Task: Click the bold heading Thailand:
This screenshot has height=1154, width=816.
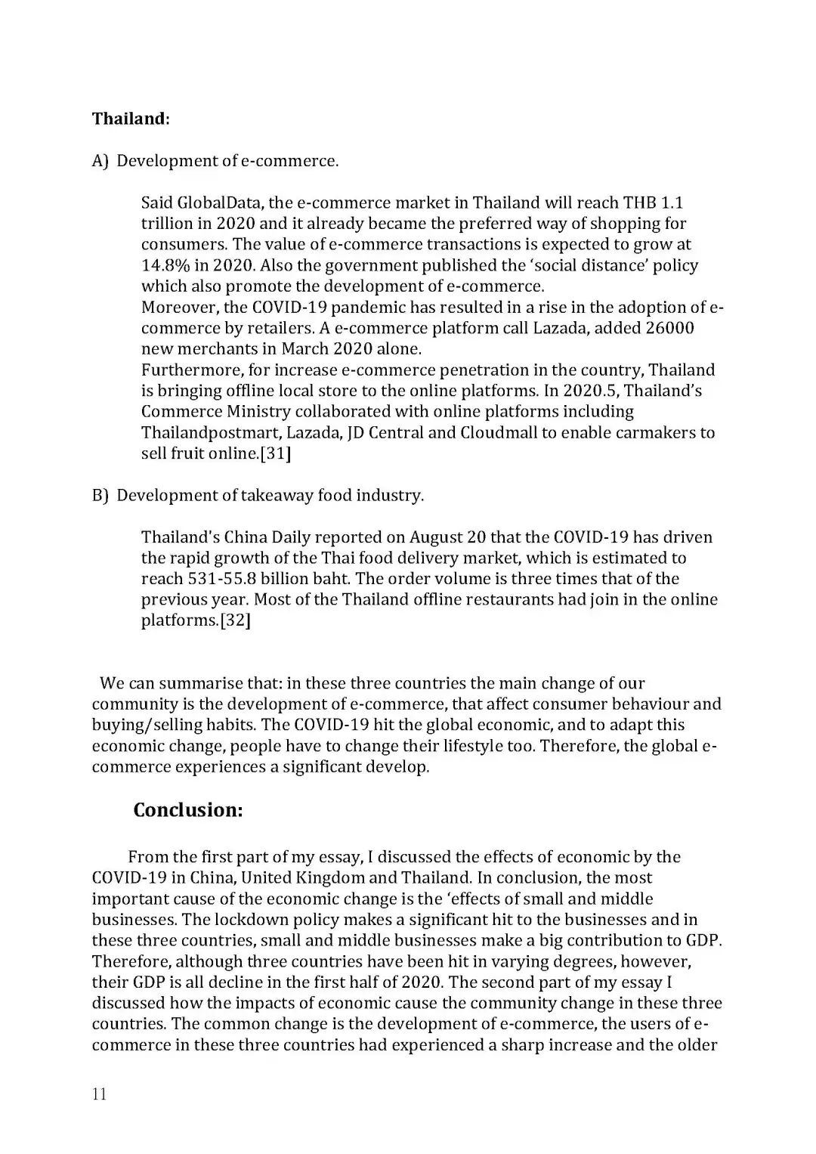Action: (130, 119)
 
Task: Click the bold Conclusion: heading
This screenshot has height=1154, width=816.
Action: (188, 810)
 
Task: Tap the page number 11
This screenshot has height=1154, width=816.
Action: (99, 1094)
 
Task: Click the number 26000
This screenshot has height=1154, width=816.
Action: (669, 328)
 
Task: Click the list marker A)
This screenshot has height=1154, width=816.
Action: (101, 161)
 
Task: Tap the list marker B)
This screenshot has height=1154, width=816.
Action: (101, 496)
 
